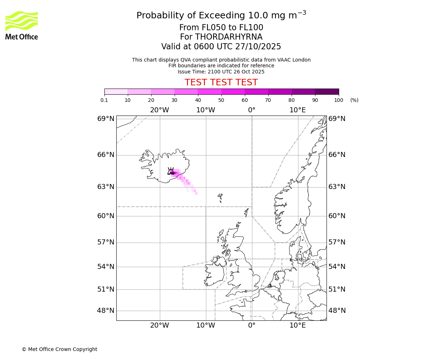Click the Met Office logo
coord(22,25)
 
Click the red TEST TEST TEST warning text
coord(221,82)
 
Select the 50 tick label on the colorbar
coord(221,100)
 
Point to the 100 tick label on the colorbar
coord(338,100)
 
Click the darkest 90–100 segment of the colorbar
coord(327,91)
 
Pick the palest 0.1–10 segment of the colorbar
coord(116,91)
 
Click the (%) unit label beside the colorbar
coord(354,100)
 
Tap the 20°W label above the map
coord(159,110)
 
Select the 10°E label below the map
coord(298,325)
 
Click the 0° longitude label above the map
coord(252,110)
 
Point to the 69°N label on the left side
coord(106,119)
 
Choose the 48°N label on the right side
coord(337,310)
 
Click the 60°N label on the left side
coord(106,216)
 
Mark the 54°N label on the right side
coord(337,267)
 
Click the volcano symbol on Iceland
coord(171,171)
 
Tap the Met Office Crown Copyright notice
coord(59,349)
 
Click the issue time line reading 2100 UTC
coord(221,72)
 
